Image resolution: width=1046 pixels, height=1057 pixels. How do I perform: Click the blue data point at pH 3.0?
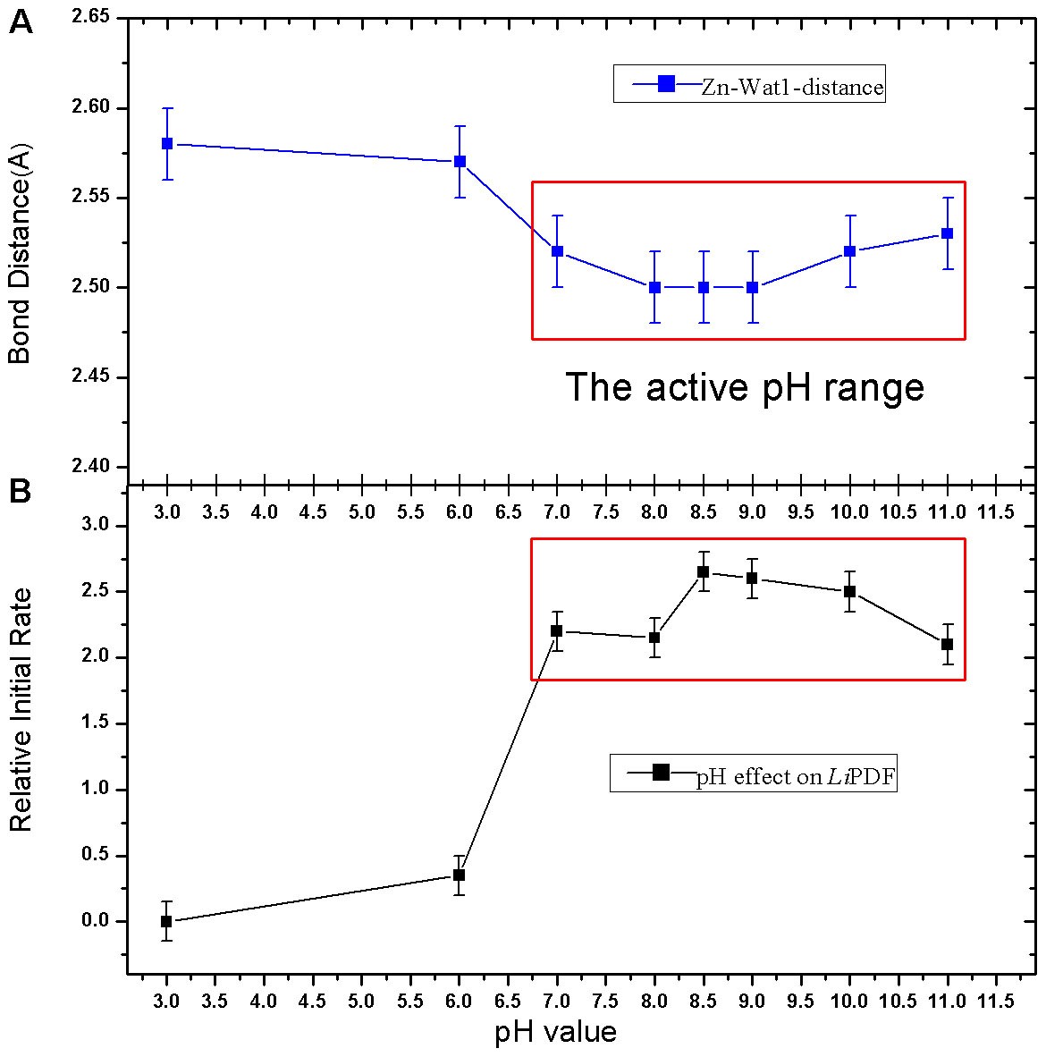(x=166, y=144)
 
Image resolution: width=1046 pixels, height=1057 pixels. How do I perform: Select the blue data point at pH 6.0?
(x=460, y=162)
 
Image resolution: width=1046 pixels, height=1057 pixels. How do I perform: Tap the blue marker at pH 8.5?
(x=704, y=287)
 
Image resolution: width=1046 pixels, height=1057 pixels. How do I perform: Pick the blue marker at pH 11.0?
(x=948, y=233)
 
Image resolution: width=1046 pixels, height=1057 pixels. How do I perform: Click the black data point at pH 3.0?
(x=166, y=921)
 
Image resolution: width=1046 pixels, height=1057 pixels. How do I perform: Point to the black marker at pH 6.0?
(x=460, y=875)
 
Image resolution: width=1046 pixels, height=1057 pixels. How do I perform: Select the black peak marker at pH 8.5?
(x=704, y=571)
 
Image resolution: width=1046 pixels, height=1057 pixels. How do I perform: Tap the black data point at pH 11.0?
(x=948, y=644)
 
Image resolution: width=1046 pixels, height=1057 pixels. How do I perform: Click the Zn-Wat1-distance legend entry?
(x=749, y=86)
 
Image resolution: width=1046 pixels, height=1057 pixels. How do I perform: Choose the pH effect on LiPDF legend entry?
(x=753, y=775)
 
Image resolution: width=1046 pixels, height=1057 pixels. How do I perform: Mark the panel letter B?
(x=21, y=490)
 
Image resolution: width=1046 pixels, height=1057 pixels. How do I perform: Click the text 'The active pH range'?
(x=745, y=387)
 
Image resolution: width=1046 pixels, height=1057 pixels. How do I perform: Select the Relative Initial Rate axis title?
(x=20, y=709)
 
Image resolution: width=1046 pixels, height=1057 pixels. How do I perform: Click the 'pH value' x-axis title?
(x=555, y=1033)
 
